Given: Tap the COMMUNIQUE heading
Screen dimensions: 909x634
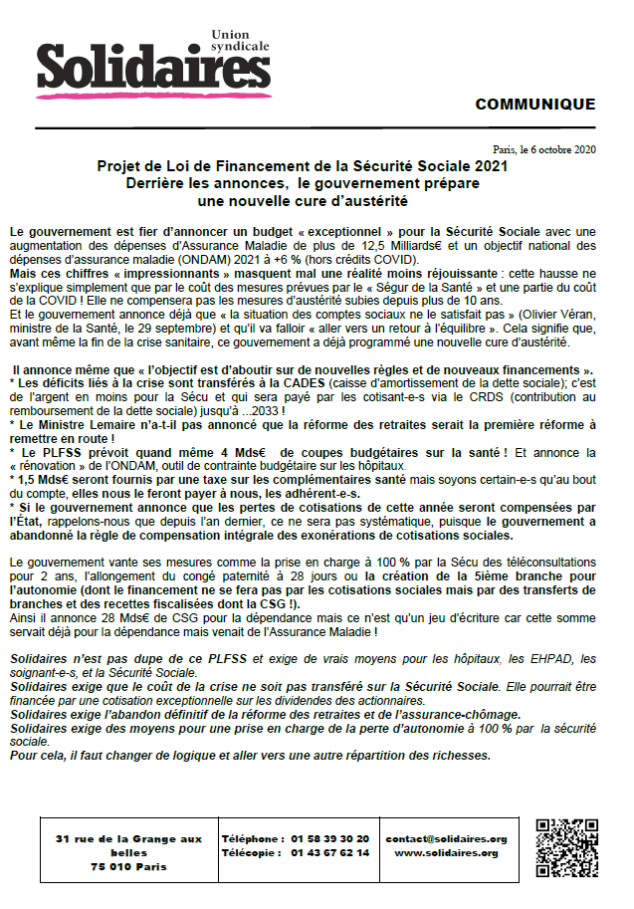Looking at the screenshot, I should (x=535, y=105).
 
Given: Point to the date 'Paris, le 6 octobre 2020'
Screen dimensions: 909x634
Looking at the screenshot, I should (x=544, y=149).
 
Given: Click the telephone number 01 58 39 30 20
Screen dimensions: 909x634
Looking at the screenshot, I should (x=331, y=839).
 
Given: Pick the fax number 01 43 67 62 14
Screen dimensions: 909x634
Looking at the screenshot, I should (x=331, y=853).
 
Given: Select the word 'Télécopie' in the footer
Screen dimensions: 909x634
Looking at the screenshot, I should (x=249, y=853).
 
